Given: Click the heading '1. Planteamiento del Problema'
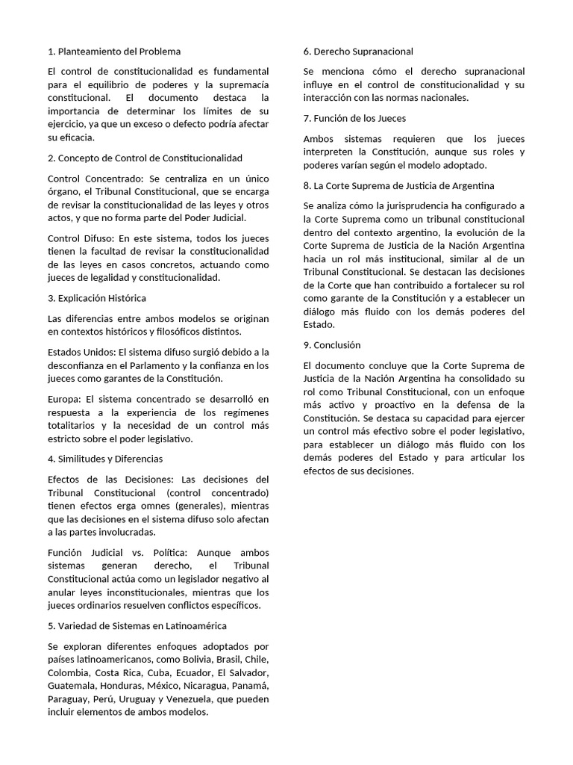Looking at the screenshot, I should (113, 52).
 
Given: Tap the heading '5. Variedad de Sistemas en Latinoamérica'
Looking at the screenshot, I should (137, 625).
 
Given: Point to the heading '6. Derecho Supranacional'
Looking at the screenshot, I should (358, 52).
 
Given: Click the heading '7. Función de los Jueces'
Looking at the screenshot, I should (354, 118).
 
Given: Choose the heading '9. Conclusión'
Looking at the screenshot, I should (332, 345).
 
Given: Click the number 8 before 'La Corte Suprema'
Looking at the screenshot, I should (307, 185).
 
